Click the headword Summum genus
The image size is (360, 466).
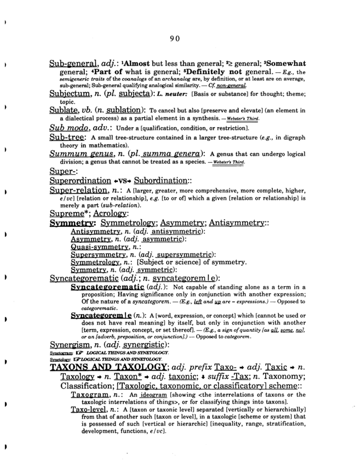(x=81, y=154)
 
